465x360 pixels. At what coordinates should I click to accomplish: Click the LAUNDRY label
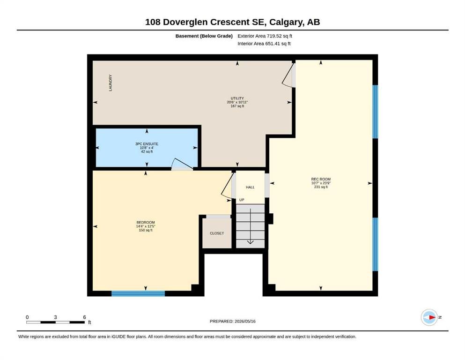pyautogui.click(x=111, y=83)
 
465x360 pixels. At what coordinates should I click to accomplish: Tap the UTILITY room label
pyautogui.click(x=237, y=98)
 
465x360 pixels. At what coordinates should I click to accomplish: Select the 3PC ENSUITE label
pyautogui.click(x=147, y=144)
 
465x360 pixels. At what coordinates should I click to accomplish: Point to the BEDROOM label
pyautogui.click(x=146, y=222)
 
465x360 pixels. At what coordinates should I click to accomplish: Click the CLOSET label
pyautogui.click(x=217, y=233)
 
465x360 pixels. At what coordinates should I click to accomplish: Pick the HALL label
pyautogui.click(x=250, y=187)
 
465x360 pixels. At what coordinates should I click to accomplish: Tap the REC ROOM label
pyautogui.click(x=321, y=179)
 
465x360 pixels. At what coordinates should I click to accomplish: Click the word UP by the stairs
pyautogui.click(x=242, y=200)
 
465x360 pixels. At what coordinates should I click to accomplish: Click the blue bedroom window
pyautogui.click(x=138, y=293)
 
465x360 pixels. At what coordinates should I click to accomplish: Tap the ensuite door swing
pyautogui.click(x=182, y=164)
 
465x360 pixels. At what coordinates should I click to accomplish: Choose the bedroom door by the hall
pyautogui.click(x=228, y=186)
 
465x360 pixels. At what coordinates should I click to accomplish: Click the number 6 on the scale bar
pyautogui.click(x=84, y=317)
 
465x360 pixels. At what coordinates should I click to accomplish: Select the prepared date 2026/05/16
pyautogui.click(x=245, y=321)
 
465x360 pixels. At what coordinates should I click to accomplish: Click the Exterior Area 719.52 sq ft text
pyautogui.click(x=265, y=36)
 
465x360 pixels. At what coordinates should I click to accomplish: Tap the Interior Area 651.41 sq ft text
pyautogui.click(x=264, y=43)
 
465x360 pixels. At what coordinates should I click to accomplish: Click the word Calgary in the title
pyautogui.click(x=286, y=22)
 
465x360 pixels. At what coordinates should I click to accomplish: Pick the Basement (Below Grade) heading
pyautogui.click(x=204, y=36)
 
